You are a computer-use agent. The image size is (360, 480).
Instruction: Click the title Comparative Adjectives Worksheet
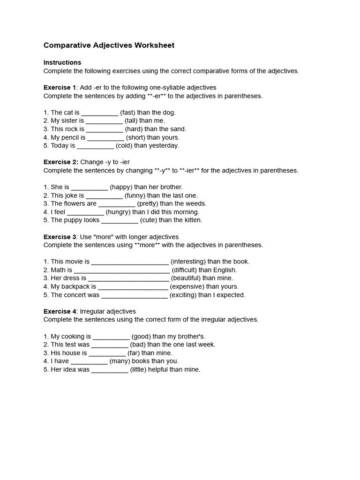pyautogui.click(x=109, y=45)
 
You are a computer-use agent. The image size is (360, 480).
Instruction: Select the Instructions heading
pyautogui.click(x=62, y=62)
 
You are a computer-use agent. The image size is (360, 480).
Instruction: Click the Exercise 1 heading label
pyautogui.click(x=60, y=88)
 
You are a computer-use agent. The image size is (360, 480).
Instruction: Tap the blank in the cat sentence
pyautogui.click(x=100, y=113)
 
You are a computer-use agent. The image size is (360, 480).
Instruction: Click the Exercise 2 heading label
pyautogui.click(x=60, y=162)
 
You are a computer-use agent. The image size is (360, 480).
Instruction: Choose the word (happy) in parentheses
pyautogui.click(x=121, y=187)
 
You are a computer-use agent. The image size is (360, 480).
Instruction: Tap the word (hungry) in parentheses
pyautogui.click(x=118, y=212)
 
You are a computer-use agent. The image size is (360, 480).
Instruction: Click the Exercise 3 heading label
pyautogui.click(x=60, y=237)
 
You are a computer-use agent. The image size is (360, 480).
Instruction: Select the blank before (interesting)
pyautogui.click(x=130, y=262)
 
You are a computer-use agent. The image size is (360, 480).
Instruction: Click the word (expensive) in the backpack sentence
pyautogui.click(x=187, y=286)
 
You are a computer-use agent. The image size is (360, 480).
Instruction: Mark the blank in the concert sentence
pyautogui.click(x=134, y=296)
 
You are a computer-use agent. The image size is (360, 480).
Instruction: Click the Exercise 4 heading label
pyautogui.click(x=60, y=311)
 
